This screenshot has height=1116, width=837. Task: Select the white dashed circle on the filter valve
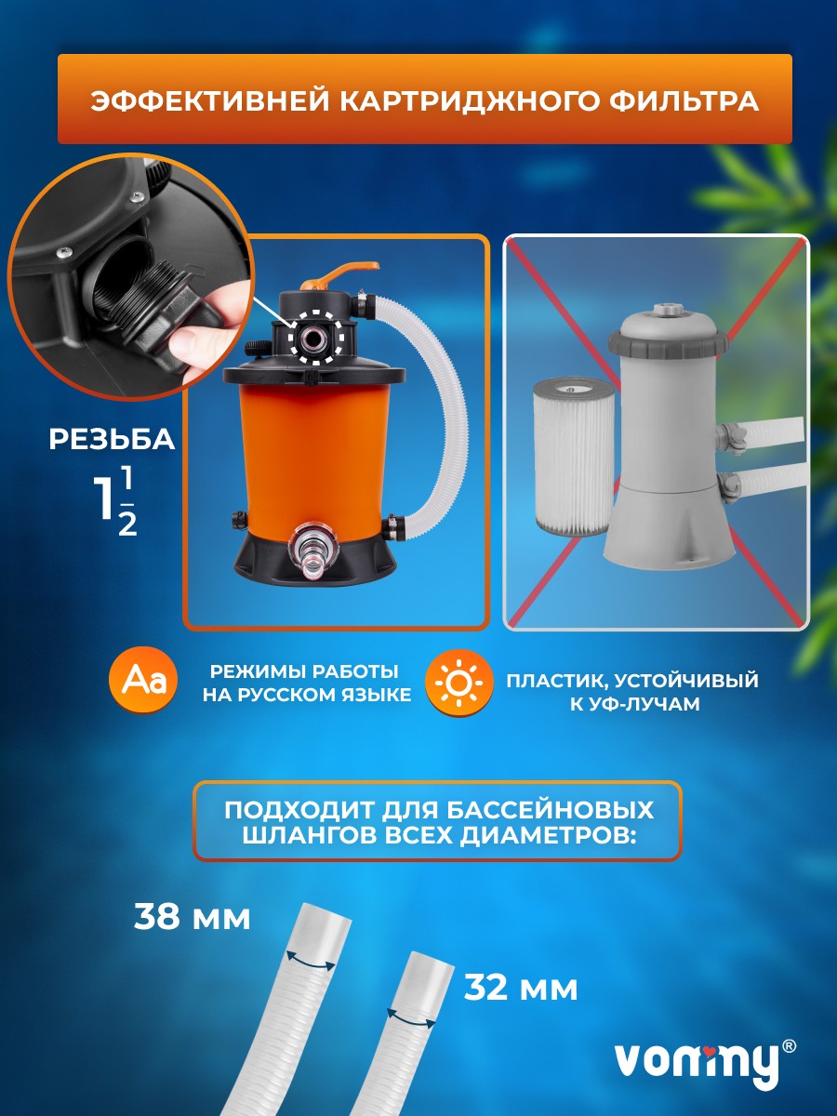pos(314,336)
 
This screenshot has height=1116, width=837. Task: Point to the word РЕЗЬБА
pos(112,439)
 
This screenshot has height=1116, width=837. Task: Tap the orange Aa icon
pos(143,681)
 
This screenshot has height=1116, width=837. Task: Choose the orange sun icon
pos(458,683)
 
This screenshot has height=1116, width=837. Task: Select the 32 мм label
pos(521,989)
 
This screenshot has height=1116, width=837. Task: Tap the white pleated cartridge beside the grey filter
pos(571,457)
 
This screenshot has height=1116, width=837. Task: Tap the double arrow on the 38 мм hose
pos(311,960)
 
